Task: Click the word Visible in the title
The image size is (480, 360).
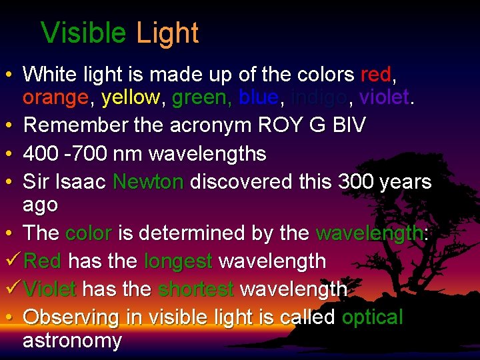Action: pyautogui.click(x=83, y=33)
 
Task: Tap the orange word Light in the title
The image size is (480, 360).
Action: pyautogui.click(x=167, y=33)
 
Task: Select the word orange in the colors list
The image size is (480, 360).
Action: pyautogui.click(x=55, y=98)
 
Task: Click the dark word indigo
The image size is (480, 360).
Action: pyautogui.click(x=320, y=98)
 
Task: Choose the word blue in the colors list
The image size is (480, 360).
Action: pyautogui.click(x=259, y=98)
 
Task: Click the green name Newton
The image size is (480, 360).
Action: pyautogui.click(x=148, y=181)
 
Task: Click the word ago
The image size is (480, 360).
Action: pyautogui.click(x=41, y=205)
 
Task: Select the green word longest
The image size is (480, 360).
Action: pyautogui.click(x=178, y=261)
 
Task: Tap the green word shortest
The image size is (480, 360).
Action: pyautogui.click(x=196, y=289)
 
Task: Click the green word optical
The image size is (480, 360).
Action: pyautogui.click(x=372, y=317)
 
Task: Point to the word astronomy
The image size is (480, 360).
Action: pyautogui.click(x=72, y=341)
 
